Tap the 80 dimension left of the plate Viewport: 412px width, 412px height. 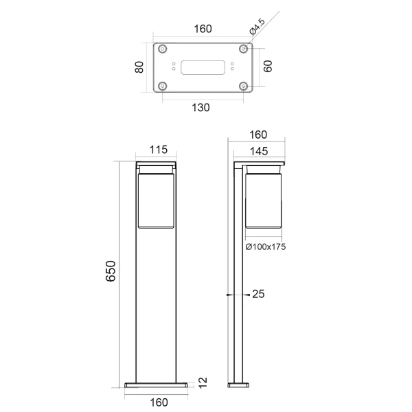[x=139, y=67]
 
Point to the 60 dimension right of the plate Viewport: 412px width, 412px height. [x=268, y=67]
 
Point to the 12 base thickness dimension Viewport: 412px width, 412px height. [x=202, y=381]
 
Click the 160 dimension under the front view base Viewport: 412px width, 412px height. [x=158, y=402]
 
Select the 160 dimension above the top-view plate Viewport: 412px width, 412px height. [x=203, y=29]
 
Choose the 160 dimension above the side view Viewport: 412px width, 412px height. [x=257, y=135]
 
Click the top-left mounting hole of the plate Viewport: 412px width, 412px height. [x=163, y=49]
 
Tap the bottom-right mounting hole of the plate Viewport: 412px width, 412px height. [x=244, y=86]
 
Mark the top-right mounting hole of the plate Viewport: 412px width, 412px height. [x=244, y=49]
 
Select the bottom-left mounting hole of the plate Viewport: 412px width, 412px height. [x=163, y=86]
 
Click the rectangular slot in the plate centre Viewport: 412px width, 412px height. [x=203, y=67]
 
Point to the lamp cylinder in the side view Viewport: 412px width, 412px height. [x=264, y=199]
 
